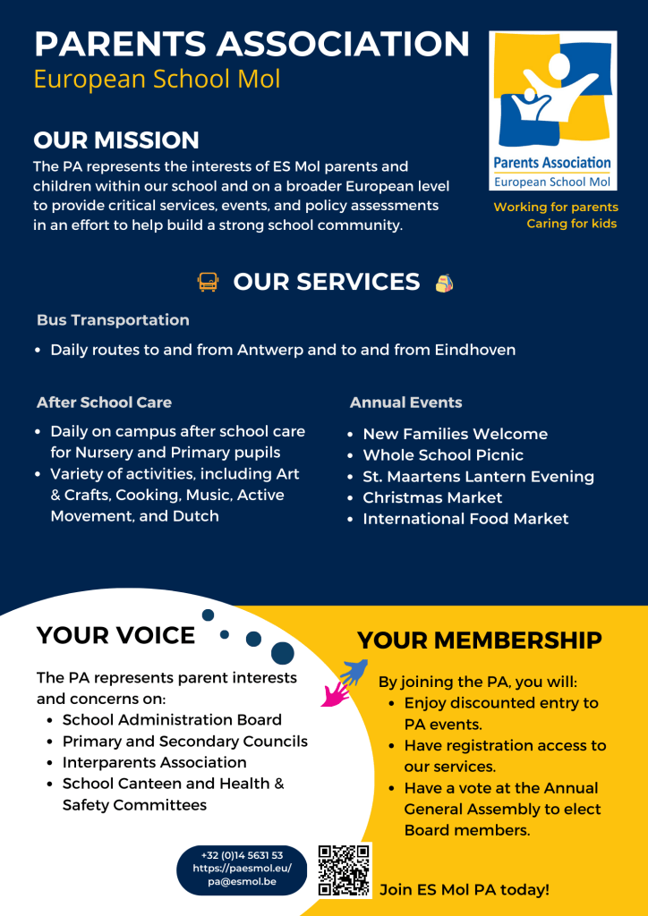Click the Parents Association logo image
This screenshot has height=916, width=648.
(552, 111)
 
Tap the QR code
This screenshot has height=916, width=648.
(345, 870)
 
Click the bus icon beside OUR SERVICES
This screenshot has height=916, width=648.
(208, 283)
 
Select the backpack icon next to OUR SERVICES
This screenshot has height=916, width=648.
(444, 283)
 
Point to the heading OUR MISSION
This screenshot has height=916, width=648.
(116, 140)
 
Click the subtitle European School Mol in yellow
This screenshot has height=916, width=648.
(157, 79)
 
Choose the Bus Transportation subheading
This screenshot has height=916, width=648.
(113, 320)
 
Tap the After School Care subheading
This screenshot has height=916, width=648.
(104, 403)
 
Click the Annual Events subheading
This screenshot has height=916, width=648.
(405, 403)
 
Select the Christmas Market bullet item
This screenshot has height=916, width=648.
(432, 497)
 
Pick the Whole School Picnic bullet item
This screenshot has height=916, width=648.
(443, 455)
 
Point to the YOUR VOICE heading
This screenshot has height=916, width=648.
(115, 636)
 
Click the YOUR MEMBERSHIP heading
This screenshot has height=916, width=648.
(479, 640)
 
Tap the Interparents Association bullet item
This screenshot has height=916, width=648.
(154, 762)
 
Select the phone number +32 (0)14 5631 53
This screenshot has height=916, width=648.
(242, 855)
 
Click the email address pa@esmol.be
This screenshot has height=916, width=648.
(242, 882)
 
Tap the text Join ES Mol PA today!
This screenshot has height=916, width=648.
(465, 890)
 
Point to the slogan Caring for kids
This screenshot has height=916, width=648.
(571, 224)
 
